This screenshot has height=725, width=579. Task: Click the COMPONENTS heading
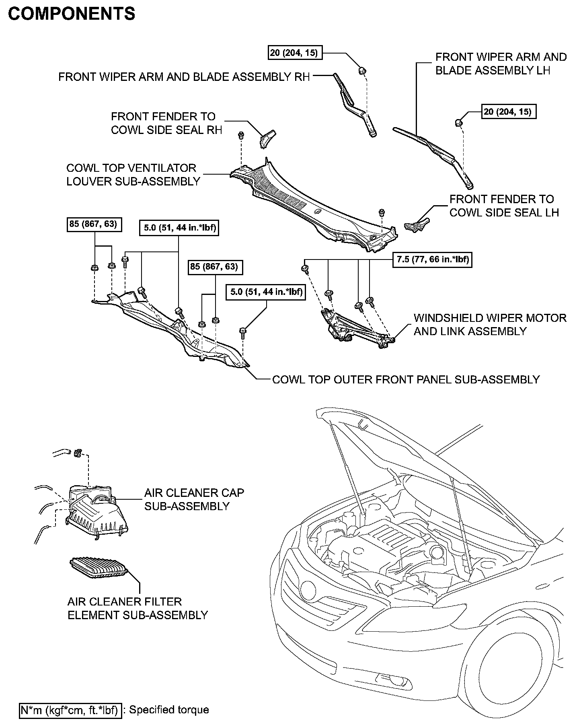(x=72, y=14)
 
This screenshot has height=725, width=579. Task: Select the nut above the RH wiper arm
(x=362, y=71)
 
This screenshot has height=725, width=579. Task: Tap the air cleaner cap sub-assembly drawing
(x=96, y=509)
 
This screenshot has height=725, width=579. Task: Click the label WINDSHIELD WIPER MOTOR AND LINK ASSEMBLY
(x=490, y=325)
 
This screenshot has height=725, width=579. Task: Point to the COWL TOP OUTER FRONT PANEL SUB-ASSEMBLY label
(x=406, y=380)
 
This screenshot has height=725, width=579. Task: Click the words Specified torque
(x=169, y=710)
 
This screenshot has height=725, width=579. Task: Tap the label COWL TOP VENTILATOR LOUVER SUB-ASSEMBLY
(x=133, y=175)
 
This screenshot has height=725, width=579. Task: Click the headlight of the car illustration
(x=309, y=588)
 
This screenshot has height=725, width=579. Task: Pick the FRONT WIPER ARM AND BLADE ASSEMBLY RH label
(x=184, y=77)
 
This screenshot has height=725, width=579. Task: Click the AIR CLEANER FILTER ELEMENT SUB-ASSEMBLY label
(x=138, y=608)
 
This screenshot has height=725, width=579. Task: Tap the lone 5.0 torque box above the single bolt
(x=266, y=292)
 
